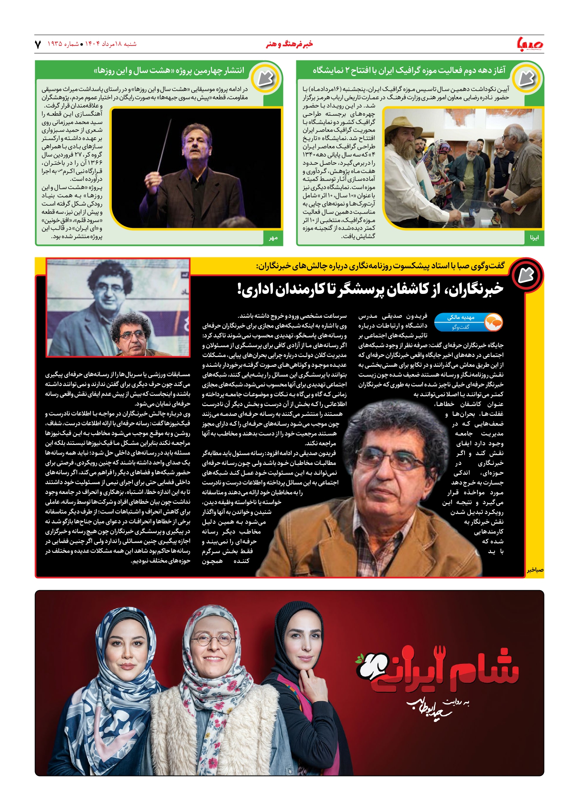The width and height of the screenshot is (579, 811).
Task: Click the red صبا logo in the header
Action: click(x=530, y=43)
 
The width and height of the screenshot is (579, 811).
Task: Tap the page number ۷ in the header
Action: click(x=38, y=44)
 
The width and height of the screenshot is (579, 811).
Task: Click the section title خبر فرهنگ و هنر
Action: click(x=289, y=44)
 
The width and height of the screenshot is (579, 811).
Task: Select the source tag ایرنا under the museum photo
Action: click(x=534, y=237)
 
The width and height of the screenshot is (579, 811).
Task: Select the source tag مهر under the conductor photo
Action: click(x=273, y=237)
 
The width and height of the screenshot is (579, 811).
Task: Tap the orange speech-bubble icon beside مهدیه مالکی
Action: click(x=494, y=322)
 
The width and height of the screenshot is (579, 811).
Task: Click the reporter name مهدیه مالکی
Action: click(x=461, y=317)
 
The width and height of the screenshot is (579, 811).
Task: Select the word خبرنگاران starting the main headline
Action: click(x=480, y=289)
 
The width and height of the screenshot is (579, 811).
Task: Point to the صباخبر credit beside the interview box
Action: click(x=535, y=570)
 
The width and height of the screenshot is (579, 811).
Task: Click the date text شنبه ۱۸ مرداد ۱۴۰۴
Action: click(x=111, y=44)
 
